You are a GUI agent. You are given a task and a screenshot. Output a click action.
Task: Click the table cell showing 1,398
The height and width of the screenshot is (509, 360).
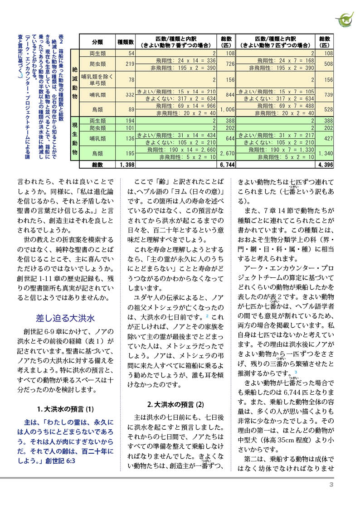125,165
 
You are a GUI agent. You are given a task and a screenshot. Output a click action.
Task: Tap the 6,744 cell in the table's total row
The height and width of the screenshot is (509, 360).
227,165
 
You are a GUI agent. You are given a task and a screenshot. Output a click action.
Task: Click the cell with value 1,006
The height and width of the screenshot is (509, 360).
227,109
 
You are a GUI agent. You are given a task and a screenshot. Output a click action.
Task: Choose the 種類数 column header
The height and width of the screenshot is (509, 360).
125,42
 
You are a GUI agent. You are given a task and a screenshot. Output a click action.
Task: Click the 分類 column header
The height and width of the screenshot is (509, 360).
97,42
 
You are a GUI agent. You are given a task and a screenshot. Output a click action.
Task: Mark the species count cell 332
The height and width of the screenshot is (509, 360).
130,94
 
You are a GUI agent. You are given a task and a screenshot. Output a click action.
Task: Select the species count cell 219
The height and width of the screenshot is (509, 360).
130,64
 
